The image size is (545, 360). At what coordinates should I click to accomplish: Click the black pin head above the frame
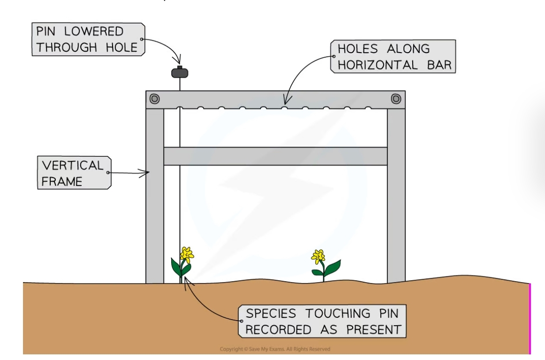pyautogui.click(x=180, y=73)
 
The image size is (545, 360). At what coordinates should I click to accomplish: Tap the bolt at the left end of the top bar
pyautogui.click(x=154, y=99)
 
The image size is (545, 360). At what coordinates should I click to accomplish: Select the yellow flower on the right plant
pyautogui.click(x=318, y=257)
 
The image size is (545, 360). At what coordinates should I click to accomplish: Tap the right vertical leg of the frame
pyautogui.click(x=396, y=197)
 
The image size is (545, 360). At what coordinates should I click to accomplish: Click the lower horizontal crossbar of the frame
pyautogui.click(x=275, y=156)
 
